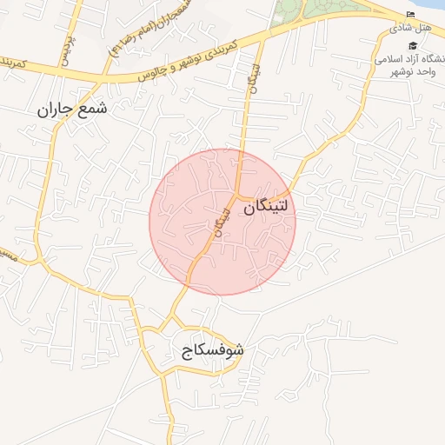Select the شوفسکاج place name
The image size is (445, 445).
click(213, 351)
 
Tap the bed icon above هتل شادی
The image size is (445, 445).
click(411, 14)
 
